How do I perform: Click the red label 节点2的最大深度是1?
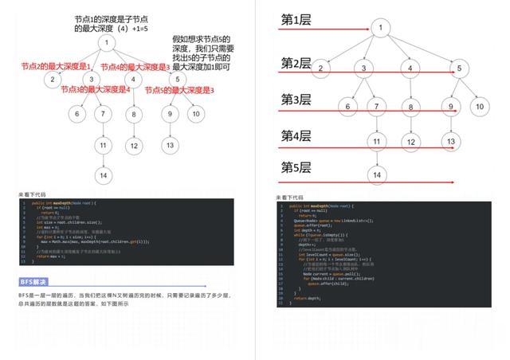pyautogui.click(x=56, y=67)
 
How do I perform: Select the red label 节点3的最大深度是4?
pyautogui.click(x=96, y=90)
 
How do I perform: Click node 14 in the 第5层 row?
pyautogui.click(x=377, y=175)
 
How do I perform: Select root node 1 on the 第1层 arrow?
pyautogui.click(x=381, y=29)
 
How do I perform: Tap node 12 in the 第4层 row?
pyautogui.click(x=410, y=143)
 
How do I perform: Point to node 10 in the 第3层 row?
pyautogui.click(x=479, y=106)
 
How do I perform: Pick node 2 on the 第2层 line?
pyautogui.click(x=321, y=68)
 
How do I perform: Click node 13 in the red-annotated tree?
pyautogui.click(x=170, y=145)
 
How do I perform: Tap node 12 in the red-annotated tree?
pyautogui.click(x=134, y=145)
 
